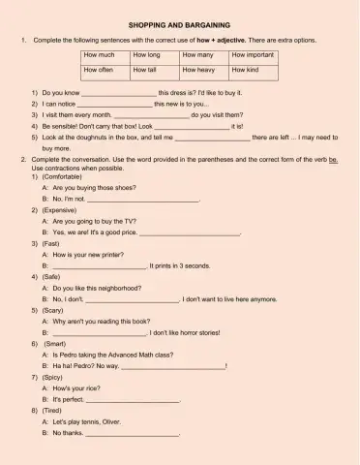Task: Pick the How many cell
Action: click(204, 56)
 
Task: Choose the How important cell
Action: click(255, 56)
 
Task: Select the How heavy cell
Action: click(204, 71)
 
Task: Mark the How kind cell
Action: click(255, 71)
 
